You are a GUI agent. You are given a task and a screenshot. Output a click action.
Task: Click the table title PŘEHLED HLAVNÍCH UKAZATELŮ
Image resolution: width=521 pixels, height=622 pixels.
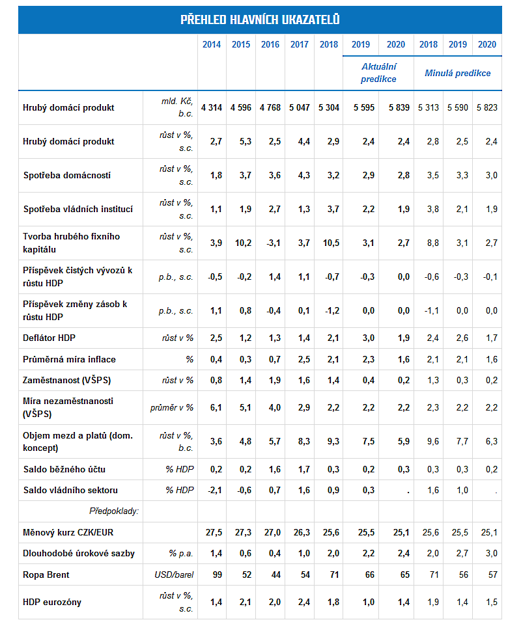click(x=260, y=20)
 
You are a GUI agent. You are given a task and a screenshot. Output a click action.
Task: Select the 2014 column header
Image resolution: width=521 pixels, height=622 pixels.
click(x=212, y=44)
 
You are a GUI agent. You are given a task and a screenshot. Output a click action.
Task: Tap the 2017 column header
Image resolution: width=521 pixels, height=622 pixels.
click(x=300, y=44)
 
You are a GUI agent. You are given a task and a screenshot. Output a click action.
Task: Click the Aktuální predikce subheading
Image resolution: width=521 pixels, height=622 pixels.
click(x=378, y=73)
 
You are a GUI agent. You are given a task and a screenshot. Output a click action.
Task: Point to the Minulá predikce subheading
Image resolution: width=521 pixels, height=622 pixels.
click(x=457, y=73)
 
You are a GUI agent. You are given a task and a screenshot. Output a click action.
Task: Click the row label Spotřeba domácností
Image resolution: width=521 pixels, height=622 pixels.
click(x=66, y=175)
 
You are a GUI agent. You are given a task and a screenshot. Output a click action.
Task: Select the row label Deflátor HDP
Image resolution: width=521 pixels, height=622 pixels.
click(x=49, y=338)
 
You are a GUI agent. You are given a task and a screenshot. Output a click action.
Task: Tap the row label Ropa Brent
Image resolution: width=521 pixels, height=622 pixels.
click(x=46, y=575)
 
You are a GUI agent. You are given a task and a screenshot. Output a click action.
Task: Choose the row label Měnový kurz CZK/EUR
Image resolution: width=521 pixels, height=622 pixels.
click(x=68, y=532)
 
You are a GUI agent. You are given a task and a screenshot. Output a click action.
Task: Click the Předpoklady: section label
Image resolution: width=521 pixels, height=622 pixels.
click(x=114, y=511)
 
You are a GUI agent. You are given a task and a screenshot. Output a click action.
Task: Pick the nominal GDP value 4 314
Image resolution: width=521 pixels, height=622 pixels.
click(x=212, y=107)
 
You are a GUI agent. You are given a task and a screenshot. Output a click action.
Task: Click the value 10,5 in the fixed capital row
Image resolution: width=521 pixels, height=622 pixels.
click(x=331, y=243)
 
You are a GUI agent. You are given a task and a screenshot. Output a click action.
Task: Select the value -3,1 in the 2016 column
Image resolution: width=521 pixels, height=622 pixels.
click(x=274, y=243)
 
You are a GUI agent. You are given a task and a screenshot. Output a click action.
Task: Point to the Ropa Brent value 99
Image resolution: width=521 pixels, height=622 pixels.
click(x=218, y=575)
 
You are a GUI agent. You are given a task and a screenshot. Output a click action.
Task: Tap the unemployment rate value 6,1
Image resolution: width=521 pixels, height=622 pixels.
click(x=216, y=408)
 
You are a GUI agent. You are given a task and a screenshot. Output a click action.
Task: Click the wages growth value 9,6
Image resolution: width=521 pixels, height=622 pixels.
click(x=433, y=442)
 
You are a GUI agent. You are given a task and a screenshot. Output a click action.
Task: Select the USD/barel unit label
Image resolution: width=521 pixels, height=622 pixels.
click(x=174, y=575)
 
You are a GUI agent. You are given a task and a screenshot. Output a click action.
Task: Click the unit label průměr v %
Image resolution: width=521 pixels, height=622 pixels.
click(x=171, y=408)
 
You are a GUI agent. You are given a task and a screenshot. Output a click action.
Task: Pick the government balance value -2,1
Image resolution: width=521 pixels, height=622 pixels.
click(x=215, y=491)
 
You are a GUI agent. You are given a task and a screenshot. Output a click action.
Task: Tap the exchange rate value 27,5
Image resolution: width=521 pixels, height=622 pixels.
click(x=214, y=532)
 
